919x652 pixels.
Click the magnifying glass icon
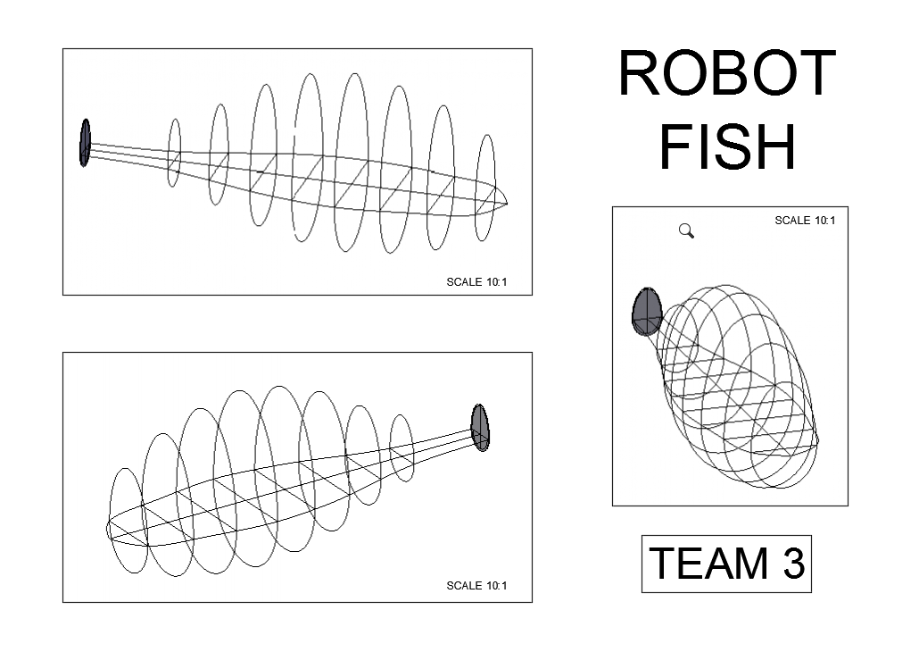point(686,231)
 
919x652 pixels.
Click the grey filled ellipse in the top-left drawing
point(85,142)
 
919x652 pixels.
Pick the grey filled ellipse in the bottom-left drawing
point(480,428)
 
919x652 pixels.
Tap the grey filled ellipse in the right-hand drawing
point(647,311)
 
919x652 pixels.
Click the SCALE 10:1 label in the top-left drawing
point(476,282)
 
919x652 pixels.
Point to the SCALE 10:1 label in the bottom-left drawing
point(476,586)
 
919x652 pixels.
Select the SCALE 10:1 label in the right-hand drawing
point(805,221)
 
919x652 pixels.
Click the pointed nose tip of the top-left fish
point(509,200)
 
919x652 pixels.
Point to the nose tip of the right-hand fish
point(817,441)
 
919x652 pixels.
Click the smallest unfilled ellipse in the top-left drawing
point(174,153)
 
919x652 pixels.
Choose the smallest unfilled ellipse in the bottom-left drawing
point(402,447)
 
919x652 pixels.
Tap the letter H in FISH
point(775,147)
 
